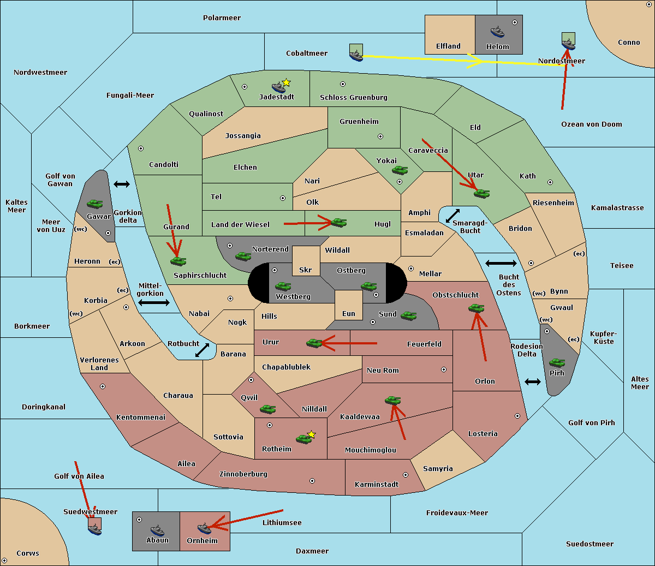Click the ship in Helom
tap(497, 32)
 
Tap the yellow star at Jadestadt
tap(286, 82)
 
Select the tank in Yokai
tap(400, 170)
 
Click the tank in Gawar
tap(95, 204)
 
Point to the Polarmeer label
tap(222, 18)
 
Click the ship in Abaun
tap(157, 530)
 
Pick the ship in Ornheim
tap(204, 528)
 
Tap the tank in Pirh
tap(557, 362)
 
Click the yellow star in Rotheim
tap(312, 434)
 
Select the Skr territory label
tap(306, 270)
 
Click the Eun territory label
tap(349, 313)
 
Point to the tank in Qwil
tap(267, 409)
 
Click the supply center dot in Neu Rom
tap(444, 370)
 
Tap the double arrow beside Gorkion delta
tap(122, 184)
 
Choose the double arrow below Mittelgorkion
tap(154, 302)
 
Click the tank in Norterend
tap(243, 256)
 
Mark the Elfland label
tap(448, 46)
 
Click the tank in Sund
tap(408, 315)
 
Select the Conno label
tap(629, 43)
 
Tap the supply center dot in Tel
tap(283, 198)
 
